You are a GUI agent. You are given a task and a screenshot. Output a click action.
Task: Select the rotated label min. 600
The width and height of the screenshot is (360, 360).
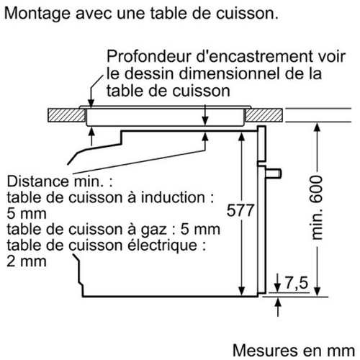point(317,207)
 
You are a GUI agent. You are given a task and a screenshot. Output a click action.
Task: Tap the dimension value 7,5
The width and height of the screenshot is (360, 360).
point(297,283)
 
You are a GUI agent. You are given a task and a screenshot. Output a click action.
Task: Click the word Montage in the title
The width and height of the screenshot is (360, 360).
point(37,14)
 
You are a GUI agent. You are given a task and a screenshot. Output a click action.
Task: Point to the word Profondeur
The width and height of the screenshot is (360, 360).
point(149,56)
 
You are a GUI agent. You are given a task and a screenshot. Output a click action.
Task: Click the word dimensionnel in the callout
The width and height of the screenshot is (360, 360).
point(230,73)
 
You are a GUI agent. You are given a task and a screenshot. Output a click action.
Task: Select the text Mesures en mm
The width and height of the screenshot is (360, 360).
point(294,351)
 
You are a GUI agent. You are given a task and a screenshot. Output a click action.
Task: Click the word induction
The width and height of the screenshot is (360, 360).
point(173,197)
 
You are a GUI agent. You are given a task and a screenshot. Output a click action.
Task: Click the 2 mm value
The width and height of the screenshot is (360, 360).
point(27,261)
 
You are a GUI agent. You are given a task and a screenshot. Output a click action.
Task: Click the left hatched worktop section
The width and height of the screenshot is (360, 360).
point(66,115)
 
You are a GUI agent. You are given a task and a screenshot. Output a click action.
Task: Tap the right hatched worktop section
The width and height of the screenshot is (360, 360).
point(264,115)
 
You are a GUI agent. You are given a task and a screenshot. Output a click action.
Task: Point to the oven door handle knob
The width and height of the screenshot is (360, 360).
point(274,174)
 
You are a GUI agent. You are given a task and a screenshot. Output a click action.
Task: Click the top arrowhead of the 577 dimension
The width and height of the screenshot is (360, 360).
point(242,136)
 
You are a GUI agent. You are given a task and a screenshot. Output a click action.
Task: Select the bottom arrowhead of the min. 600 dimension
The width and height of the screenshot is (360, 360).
point(318,291)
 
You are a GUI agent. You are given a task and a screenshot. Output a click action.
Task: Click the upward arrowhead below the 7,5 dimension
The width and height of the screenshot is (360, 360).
point(278,302)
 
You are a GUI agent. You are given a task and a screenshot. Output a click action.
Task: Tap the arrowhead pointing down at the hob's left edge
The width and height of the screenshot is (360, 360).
point(91,102)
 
